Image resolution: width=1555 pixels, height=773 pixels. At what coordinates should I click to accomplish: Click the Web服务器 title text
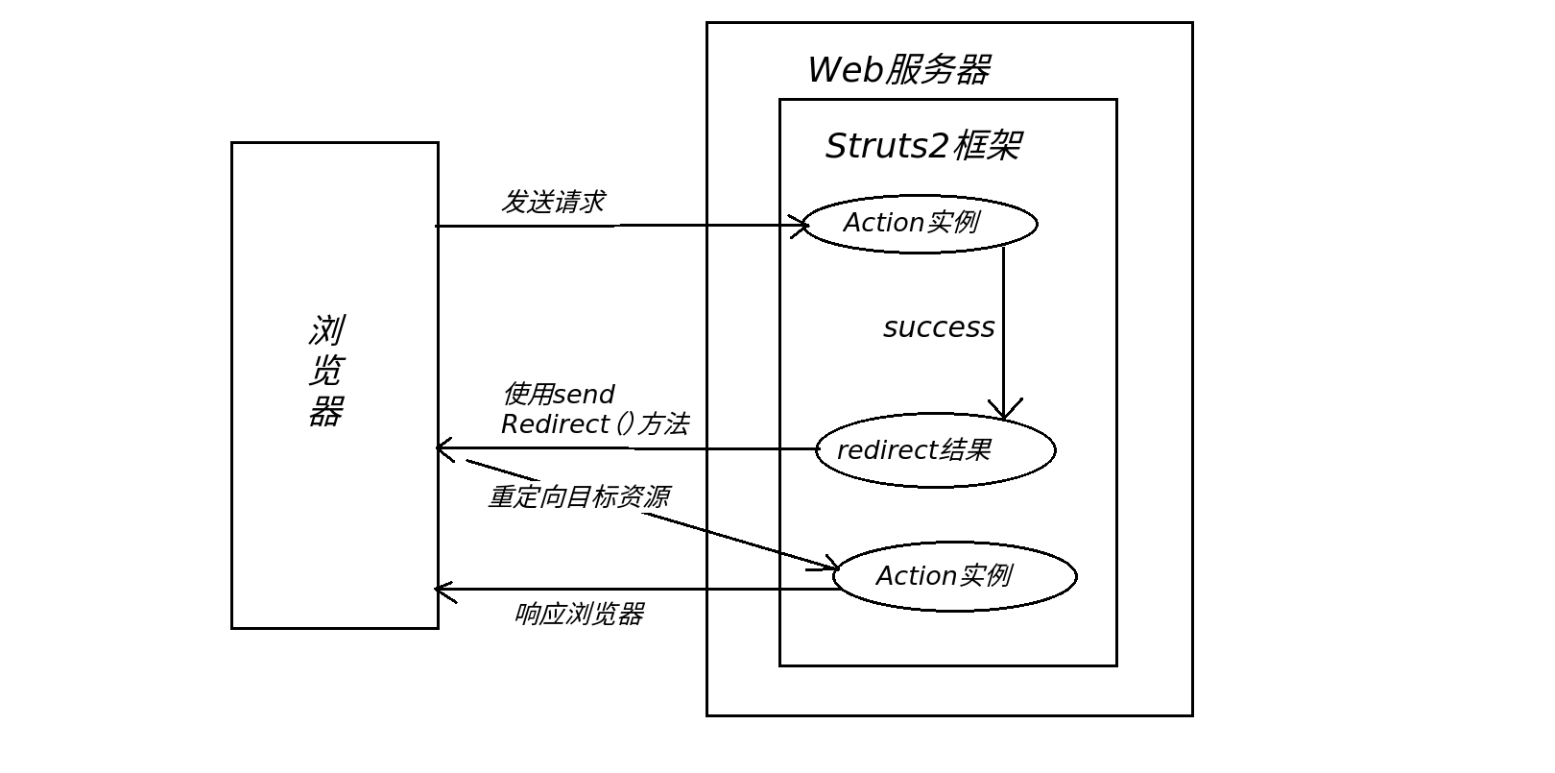tap(899, 69)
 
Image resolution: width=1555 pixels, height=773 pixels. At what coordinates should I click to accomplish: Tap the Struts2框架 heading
tap(923, 146)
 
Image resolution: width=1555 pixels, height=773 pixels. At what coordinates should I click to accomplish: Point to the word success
tap(939, 327)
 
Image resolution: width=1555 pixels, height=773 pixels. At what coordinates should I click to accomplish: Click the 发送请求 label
tap(553, 202)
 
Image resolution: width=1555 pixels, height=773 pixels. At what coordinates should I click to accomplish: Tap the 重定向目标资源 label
tap(579, 496)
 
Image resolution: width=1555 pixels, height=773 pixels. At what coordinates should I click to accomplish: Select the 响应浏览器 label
tap(580, 614)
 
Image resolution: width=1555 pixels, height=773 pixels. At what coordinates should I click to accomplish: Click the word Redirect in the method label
tap(556, 424)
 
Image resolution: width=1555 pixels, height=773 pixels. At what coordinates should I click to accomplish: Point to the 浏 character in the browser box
tap(327, 330)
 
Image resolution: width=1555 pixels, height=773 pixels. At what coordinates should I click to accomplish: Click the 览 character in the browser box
tap(325, 371)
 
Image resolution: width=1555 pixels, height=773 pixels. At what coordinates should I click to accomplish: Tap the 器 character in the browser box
tap(326, 411)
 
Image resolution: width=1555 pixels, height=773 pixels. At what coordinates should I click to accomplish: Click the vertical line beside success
tap(1003, 332)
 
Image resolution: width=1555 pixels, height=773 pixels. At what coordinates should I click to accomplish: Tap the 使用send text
tap(559, 394)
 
